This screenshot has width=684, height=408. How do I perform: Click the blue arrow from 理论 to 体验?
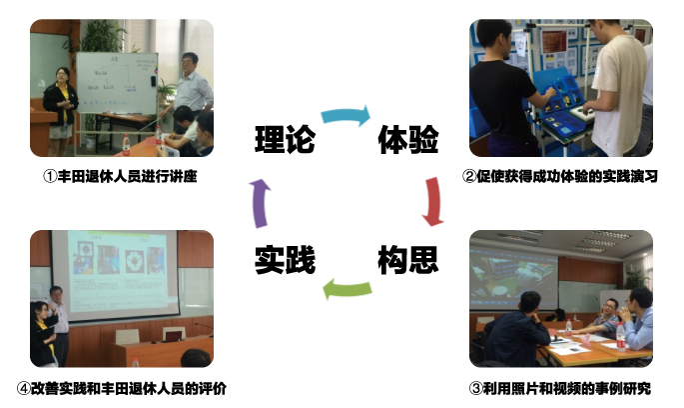(x=345, y=115)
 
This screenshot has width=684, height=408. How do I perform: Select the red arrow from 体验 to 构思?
(x=433, y=201)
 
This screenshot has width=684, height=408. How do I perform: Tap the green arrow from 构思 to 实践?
(x=347, y=289)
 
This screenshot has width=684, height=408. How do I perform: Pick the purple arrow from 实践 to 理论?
(x=260, y=203)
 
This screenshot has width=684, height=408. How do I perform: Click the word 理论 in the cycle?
(x=285, y=139)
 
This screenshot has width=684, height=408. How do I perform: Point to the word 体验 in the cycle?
(x=407, y=139)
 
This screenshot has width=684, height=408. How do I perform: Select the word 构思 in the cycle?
(x=407, y=260)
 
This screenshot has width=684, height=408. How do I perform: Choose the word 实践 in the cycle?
(x=285, y=260)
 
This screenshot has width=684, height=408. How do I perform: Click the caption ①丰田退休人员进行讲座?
(x=120, y=176)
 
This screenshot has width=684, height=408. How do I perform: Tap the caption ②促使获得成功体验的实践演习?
(x=560, y=176)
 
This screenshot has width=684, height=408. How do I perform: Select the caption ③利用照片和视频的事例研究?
(x=560, y=388)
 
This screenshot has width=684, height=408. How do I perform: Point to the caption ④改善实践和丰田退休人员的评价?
(x=122, y=388)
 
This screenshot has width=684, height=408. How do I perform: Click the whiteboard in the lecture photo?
(x=117, y=83)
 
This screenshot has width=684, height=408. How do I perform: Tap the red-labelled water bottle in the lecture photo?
(x=126, y=145)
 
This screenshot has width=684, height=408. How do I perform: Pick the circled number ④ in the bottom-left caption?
(x=24, y=388)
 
